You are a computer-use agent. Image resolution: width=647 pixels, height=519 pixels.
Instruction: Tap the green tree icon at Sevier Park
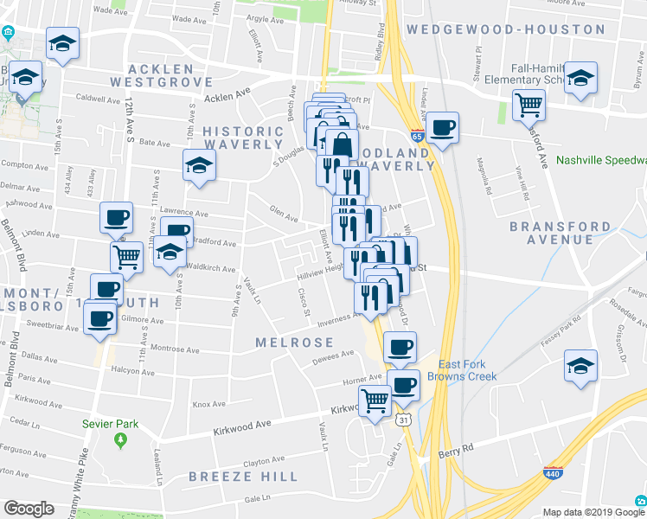pos(120,440)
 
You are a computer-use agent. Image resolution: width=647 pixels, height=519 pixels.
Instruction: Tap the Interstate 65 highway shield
pos(417,136)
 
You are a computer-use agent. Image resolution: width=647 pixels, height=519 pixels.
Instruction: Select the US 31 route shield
pos(403,420)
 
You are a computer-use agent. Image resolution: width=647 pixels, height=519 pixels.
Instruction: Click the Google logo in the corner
pos(29,509)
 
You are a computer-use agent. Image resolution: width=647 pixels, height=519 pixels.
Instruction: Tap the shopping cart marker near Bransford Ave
pos(528,106)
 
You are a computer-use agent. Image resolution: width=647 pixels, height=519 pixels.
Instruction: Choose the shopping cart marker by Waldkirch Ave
pos(127,256)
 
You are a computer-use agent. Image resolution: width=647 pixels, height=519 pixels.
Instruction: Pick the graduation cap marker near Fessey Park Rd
pos(580,365)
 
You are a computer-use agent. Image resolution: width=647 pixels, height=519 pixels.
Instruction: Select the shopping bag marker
pos(342,145)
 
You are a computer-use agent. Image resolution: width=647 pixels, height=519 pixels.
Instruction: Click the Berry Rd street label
pos(457,449)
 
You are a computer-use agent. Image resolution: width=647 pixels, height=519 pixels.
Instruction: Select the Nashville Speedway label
pos(602,160)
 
